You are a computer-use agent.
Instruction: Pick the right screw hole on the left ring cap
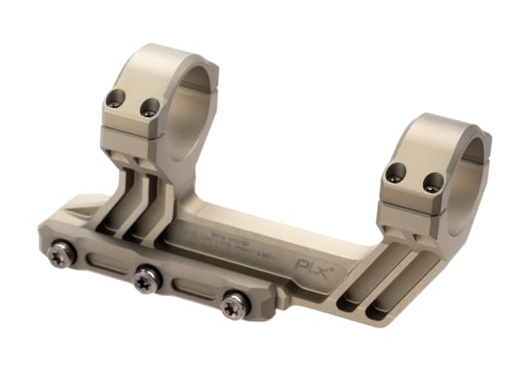click(149, 108)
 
